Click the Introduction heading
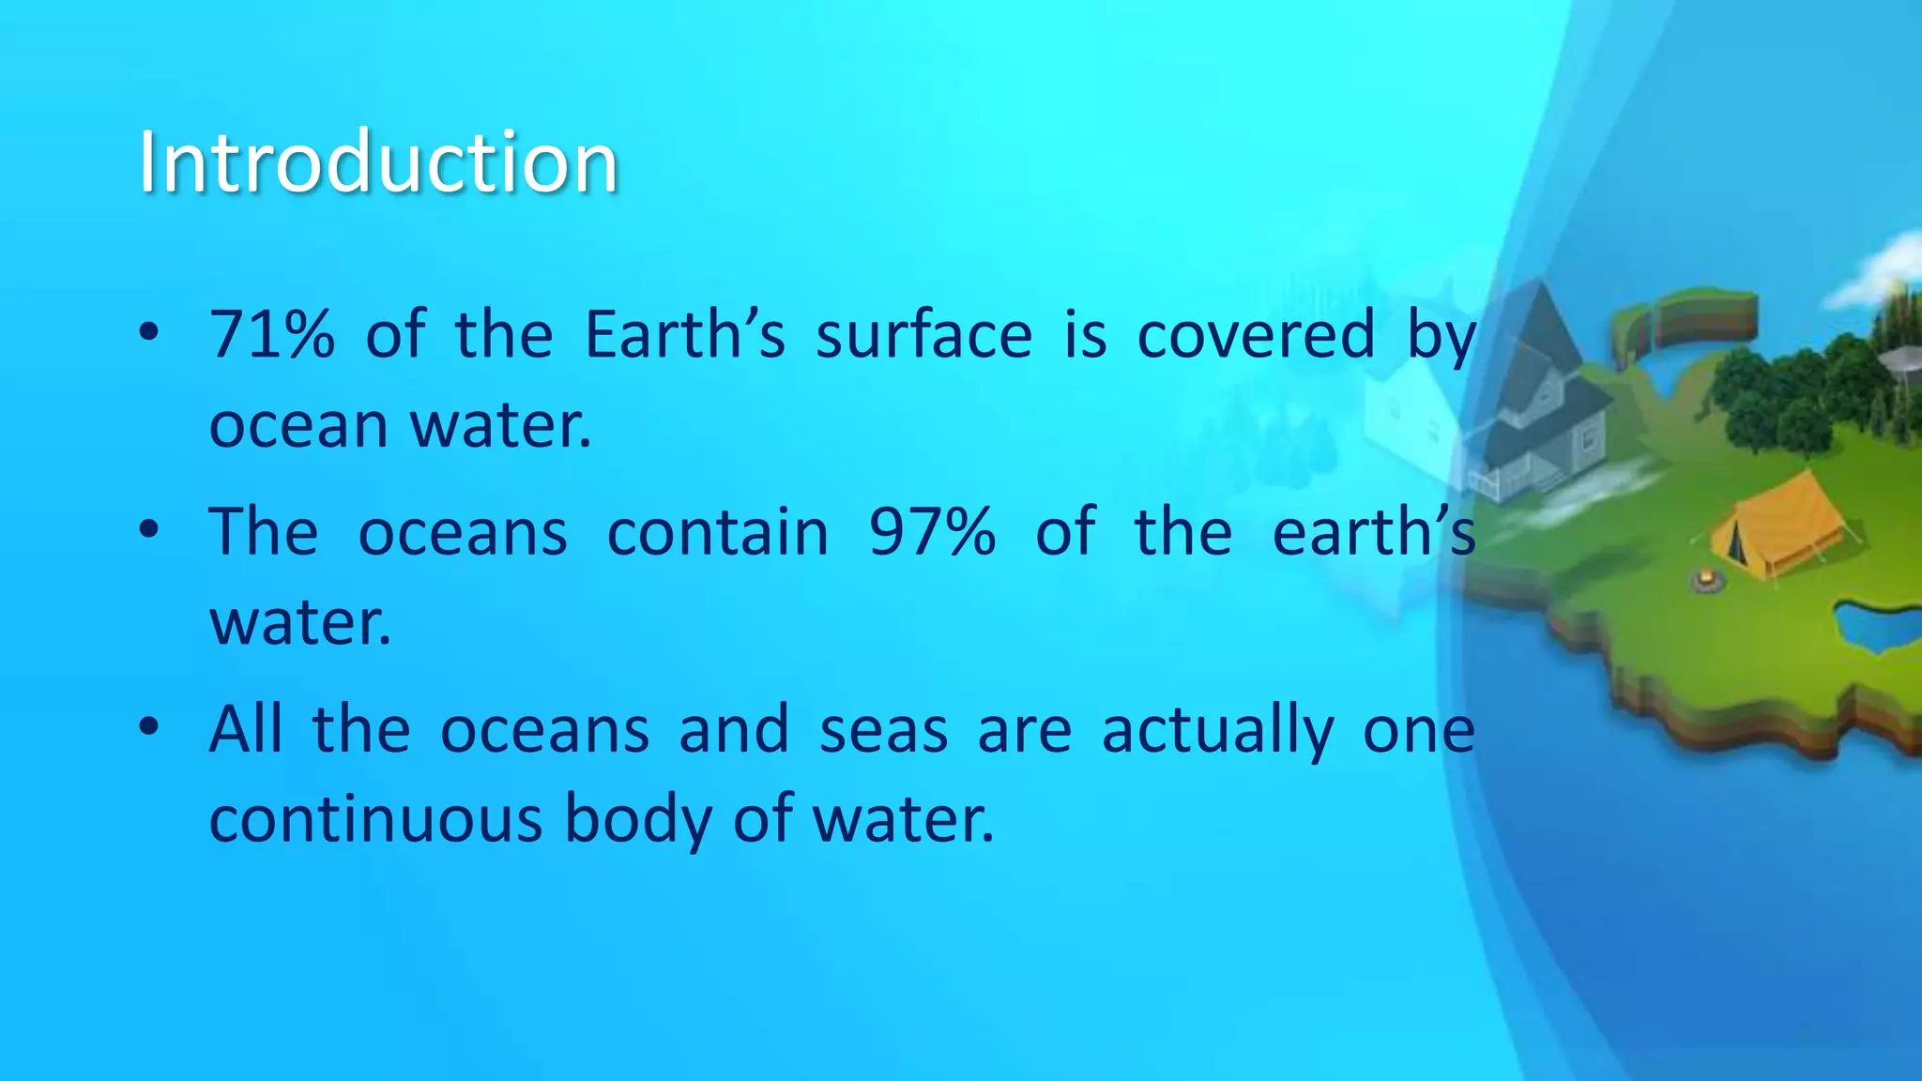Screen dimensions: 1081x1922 [377, 162]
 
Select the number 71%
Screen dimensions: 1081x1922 [272, 334]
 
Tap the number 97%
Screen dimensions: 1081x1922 [932, 532]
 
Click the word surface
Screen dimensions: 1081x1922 [923, 334]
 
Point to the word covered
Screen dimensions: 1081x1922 [1256, 334]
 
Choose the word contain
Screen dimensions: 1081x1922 [718, 532]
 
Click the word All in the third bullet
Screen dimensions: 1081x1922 [246, 729]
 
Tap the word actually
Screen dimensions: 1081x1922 [1217, 731]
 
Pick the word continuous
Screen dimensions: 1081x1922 [375, 819]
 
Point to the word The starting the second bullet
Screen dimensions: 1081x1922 [264, 532]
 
